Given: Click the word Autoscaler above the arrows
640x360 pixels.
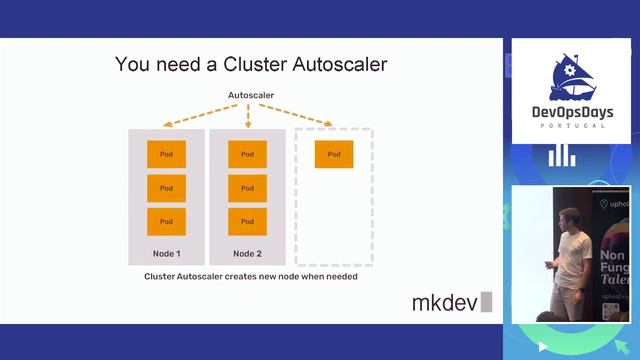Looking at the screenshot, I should pyautogui.click(x=251, y=96).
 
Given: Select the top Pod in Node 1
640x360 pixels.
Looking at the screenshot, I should pyautogui.click(x=167, y=154).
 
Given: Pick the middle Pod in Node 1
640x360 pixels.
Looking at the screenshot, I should pyautogui.click(x=167, y=188).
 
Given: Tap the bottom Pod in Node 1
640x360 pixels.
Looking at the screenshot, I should pyautogui.click(x=167, y=221).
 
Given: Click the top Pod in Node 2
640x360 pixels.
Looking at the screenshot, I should pyautogui.click(x=247, y=154).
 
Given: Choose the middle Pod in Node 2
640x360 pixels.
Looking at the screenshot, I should pyautogui.click(x=247, y=188).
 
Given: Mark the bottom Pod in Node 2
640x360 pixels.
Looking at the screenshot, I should pyautogui.click(x=247, y=221).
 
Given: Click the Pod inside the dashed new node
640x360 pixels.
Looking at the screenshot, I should pyautogui.click(x=333, y=154).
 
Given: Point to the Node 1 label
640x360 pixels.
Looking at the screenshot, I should pyautogui.click(x=166, y=253).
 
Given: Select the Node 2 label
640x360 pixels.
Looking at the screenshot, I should pyautogui.click(x=247, y=253).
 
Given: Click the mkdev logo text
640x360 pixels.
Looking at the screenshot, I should pyautogui.click(x=445, y=302).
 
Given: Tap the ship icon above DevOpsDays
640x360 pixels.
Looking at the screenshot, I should pyautogui.click(x=571, y=75).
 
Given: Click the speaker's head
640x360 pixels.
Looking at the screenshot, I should pyautogui.click(x=567, y=217).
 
